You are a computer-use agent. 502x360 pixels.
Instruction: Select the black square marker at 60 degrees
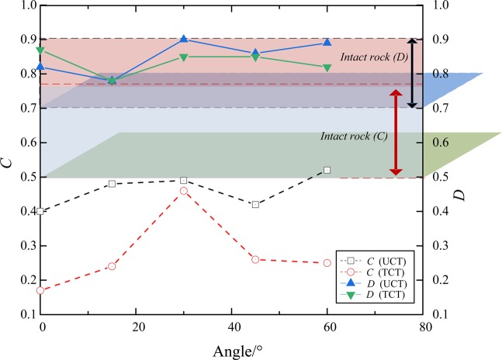pyautogui.click(x=327, y=170)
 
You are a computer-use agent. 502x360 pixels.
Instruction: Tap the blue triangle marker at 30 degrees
pyautogui.click(x=184, y=39)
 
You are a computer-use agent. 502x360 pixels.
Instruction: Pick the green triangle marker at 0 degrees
pyautogui.click(x=40, y=51)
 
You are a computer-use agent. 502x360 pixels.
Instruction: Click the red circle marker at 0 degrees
pyautogui.click(x=40, y=290)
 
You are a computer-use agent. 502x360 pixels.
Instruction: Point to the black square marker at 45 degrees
pyautogui.click(x=255, y=204)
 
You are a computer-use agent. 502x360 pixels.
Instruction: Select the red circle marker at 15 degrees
pyautogui.click(x=112, y=266)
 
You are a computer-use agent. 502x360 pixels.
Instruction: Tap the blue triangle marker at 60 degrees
pyautogui.click(x=327, y=43)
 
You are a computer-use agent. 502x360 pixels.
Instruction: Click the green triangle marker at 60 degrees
pyautogui.click(x=327, y=67)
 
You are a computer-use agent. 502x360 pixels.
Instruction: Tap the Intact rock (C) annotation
pyautogui.click(x=354, y=136)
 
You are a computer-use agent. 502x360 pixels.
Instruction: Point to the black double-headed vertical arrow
pyautogui.click(x=413, y=73)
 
